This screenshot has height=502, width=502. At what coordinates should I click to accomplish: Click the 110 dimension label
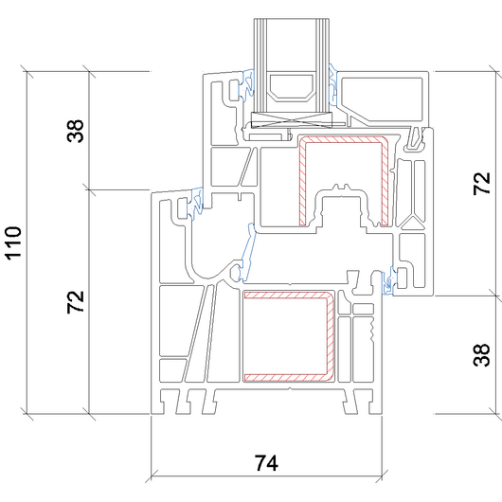[13, 243]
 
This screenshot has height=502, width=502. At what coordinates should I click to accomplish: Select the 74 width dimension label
[266, 463]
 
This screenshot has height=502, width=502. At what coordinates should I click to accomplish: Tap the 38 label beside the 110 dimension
[76, 131]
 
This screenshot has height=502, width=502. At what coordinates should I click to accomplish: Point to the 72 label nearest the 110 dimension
[76, 302]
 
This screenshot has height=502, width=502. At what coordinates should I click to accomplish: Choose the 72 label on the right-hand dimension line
[481, 184]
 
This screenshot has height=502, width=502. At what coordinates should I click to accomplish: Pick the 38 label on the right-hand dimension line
[481, 355]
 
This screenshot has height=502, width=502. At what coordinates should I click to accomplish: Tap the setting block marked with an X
[292, 120]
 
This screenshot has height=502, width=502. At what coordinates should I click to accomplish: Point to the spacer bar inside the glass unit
[291, 89]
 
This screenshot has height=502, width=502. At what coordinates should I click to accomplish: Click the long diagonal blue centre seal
[249, 253]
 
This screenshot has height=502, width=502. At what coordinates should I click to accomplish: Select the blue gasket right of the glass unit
[333, 85]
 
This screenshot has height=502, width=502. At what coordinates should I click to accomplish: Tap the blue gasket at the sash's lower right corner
[388, 280]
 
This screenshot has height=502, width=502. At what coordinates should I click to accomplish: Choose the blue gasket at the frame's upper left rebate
[196, 204]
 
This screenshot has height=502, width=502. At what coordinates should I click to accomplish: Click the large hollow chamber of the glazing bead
[382, 99]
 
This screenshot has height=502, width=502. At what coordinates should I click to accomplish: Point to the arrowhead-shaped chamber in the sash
[413, 222]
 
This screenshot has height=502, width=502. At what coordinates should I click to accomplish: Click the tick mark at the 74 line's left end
[151, 475]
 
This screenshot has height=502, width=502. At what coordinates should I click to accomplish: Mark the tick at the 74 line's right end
[382, 475]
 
